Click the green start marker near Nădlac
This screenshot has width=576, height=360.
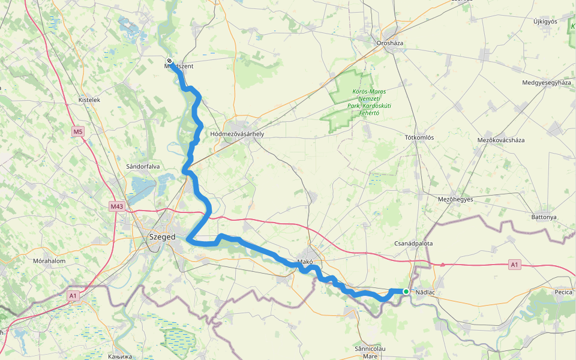406,292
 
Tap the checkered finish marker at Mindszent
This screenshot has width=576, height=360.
170,61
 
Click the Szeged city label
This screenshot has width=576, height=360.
161,237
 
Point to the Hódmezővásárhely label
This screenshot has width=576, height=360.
238,134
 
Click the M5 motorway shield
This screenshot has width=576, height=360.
78,131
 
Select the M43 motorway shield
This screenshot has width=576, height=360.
116,206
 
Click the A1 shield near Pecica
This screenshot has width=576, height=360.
514,264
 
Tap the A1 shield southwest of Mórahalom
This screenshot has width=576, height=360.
73,295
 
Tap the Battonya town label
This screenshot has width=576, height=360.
544,217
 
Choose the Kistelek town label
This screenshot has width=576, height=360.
89,100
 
